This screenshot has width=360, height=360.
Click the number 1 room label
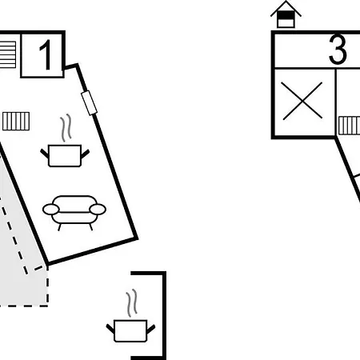46,55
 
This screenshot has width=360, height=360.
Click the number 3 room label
338,50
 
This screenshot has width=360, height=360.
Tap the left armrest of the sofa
50,210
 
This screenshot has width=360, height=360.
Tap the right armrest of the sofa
98,210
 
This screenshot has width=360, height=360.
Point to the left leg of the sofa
59,227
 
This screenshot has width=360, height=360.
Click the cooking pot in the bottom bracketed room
130,330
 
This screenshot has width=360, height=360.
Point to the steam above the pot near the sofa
66,128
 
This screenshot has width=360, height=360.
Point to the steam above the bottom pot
132,302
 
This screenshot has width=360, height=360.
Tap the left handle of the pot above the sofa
44,154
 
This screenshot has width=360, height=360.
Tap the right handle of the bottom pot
150,329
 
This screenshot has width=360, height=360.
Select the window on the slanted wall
89,103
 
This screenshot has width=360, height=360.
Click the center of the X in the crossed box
302,101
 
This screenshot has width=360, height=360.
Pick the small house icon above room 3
286,14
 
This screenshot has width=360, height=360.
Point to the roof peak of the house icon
286,2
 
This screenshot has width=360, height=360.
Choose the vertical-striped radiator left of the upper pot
16,122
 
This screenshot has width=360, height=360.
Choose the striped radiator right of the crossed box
350,126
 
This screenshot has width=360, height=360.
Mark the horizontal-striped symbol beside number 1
8,54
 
